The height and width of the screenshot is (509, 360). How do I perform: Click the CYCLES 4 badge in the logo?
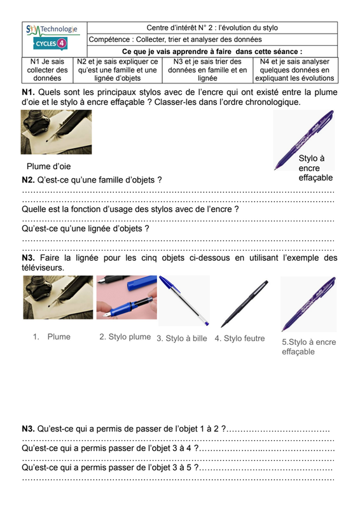click(50, 43)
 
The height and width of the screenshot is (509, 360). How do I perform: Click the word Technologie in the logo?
click(59, 29)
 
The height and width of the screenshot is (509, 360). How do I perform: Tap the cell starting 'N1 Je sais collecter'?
click(48, 70)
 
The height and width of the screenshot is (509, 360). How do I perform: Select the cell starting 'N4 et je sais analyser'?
click(294, 70)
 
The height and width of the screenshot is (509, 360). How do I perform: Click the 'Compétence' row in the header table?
click(212, 39)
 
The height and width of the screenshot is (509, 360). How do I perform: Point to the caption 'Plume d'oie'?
click(49, 166)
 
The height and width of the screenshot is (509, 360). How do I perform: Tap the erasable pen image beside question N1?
click(304, 140)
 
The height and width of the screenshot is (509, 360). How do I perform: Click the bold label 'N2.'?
click(28, 180)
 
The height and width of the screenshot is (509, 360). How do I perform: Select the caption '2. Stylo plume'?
click(125, 337)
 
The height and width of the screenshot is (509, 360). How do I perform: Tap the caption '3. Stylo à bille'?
click(182, 338)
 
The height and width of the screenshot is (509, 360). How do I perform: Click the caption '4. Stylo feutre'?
click(240, 338)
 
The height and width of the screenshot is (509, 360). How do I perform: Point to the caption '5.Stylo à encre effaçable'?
click(308, 347)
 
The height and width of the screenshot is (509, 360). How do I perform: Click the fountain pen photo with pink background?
click(127, 297)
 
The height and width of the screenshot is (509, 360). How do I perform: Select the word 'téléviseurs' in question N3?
click(42, 268)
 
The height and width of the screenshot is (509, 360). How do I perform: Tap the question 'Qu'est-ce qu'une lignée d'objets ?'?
click(85, 228)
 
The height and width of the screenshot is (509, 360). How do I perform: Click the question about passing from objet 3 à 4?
click(111, 449)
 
